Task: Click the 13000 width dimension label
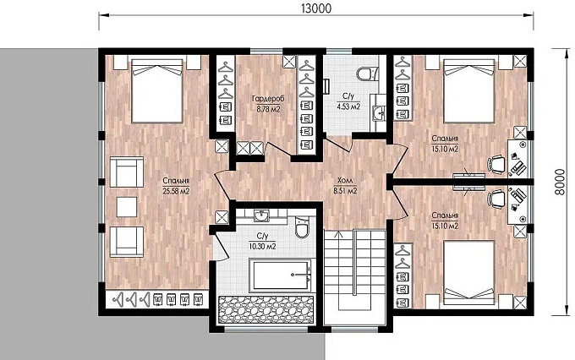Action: point(316,8)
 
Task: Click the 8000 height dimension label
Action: point(560,183)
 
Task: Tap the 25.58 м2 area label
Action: point(176,191)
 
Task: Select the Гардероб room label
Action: point(268,99)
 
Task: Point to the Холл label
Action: point(345,180)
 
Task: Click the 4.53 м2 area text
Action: point(348,106)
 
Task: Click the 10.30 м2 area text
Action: point(263,247)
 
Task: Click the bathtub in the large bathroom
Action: point(281,275)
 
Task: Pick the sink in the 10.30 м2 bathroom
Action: point(261,215)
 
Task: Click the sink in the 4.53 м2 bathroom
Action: point(378,113)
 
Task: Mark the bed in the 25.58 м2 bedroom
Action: point(157,91)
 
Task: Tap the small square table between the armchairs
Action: point(127,207)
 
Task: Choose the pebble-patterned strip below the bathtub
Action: point(266,310)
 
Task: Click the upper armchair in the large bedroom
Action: point(127,172)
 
